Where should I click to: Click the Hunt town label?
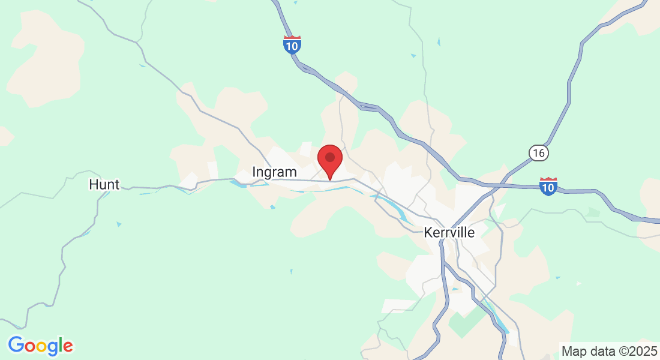pos(104,184)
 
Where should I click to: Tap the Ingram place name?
pos(274,172)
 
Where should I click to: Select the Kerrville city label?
pos(449,232)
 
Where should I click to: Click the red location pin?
pos(329,160)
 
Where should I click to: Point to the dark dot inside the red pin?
pos(329,157)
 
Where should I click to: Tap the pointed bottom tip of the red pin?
pos(329,179)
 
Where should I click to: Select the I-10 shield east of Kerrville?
pos(548,186)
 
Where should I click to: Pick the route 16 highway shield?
pos(539,154)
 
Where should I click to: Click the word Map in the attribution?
pos(572,350)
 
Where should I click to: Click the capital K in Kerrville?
pos(428,232)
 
